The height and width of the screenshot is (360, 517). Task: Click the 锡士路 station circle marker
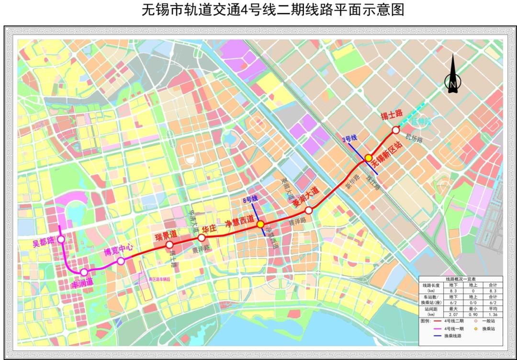tap(396, 130)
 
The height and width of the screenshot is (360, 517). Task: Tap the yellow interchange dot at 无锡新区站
tap(369, 157)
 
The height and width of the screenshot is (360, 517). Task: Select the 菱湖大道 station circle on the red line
tap(309, 210)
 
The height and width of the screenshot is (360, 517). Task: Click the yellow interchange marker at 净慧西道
tap(260, 224)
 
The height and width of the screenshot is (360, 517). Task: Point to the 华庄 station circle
tap(202, 237)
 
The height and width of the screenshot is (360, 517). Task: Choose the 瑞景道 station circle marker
tap(169, 245)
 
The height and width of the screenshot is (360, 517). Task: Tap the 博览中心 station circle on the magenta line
tap(121, 261)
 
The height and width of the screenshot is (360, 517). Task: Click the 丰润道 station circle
tap(84, 272)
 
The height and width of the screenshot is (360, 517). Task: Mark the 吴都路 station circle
tap(61, 240)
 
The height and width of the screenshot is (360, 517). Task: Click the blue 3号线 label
tap(349, 139)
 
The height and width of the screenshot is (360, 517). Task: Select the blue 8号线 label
tap(250, 198)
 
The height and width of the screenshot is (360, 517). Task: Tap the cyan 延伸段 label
tap(421, 122)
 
